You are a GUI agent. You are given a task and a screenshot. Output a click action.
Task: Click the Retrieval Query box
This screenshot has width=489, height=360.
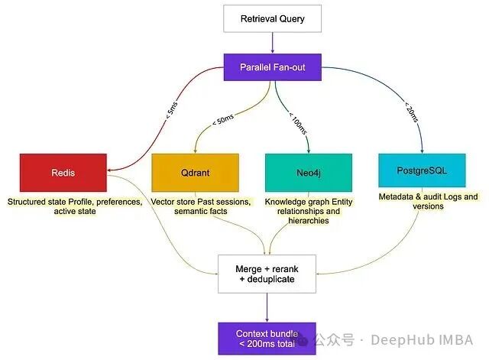[x=272, y=18]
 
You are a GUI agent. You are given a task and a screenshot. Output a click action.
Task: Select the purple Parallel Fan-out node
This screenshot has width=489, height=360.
[x=272, y=66]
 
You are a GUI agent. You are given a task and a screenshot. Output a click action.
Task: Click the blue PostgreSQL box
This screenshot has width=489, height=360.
[x=422, y=170]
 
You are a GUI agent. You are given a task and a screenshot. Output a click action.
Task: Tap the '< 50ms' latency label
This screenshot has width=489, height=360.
[x=224, y=121]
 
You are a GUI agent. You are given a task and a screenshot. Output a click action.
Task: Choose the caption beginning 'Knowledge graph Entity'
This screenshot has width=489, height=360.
[x=309, y=210]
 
